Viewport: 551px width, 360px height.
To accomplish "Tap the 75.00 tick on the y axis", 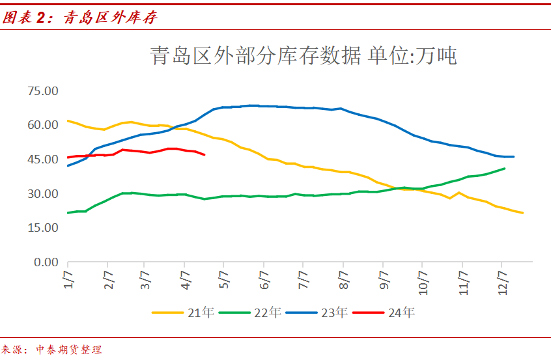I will (x=40, y=90).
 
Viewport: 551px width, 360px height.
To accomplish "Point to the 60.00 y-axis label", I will (x=40, y=125).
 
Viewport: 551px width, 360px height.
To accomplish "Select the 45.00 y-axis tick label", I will (x=40, y=159).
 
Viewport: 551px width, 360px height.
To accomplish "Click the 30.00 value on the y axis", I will (x=40, y=194).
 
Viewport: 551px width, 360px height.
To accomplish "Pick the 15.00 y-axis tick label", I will (x=40, y=228).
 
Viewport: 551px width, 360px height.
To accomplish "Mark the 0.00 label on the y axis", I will (x=44, y=262).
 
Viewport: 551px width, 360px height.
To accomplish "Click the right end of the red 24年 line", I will (x=205, y=155).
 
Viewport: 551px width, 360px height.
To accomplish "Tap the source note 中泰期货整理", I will (x=68, y=350).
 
